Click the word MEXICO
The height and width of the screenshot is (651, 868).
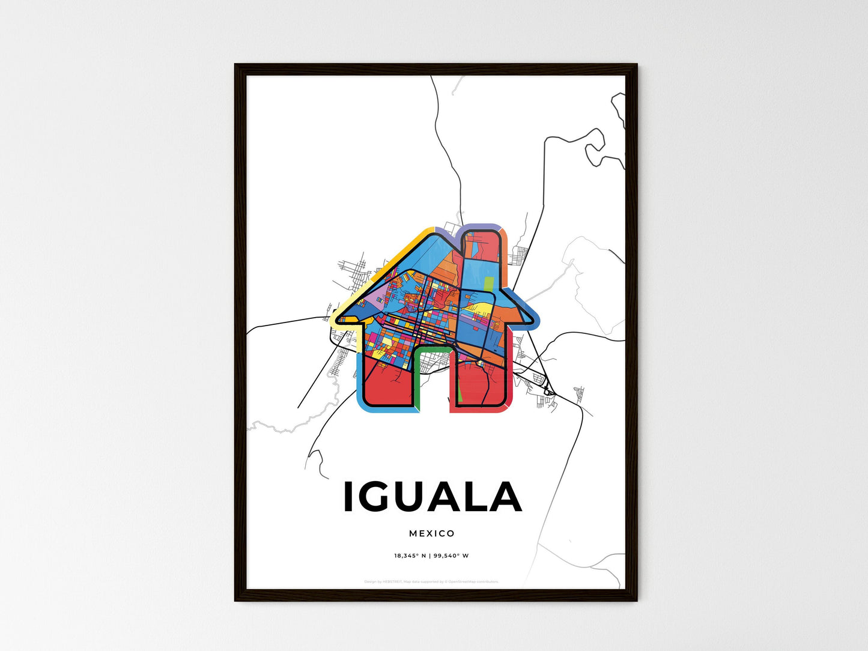pos(432,533)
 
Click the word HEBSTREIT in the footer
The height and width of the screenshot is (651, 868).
pos(393,581)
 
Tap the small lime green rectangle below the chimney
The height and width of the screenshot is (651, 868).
pos(488,283)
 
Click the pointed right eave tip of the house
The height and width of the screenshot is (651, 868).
pos(533,320)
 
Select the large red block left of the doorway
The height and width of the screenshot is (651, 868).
pos(387,384)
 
